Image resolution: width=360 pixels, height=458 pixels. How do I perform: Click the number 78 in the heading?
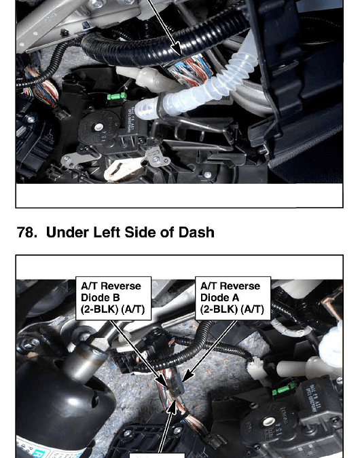pos(27,233)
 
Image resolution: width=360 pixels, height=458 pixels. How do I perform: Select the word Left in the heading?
pos(107,233)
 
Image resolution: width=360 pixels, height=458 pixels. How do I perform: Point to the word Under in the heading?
pos(67,233)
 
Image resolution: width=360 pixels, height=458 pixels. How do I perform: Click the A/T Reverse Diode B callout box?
pos(113,299)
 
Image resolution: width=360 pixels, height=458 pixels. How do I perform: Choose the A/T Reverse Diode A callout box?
pos(233,299)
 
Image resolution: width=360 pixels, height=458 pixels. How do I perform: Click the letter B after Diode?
pos(116,298)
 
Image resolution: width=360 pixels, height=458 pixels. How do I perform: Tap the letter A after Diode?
pos(236,298)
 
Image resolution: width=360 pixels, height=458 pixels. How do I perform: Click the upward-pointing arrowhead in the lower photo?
pos(173,407)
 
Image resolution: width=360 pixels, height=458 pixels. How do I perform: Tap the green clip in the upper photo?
pos(117,96)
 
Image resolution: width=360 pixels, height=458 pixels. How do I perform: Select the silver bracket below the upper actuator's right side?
pos(158,157)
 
